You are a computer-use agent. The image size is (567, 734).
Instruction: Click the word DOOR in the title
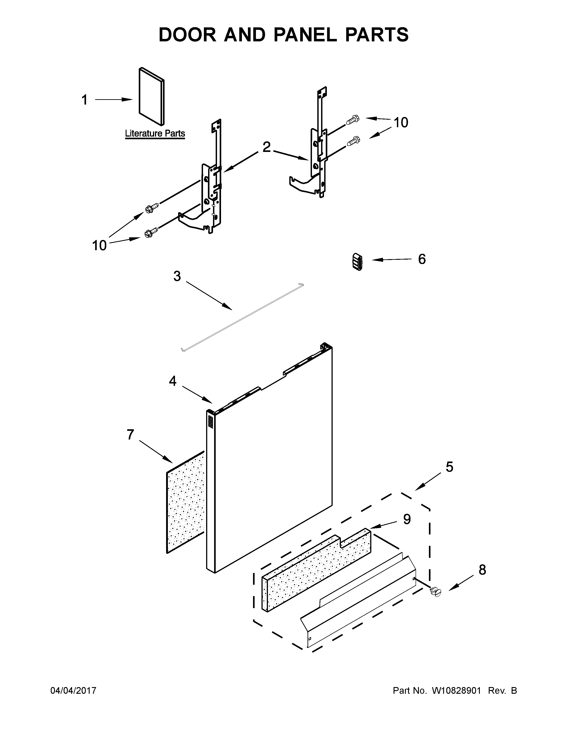[x=187, y=35]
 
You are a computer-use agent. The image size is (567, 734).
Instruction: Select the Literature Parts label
[x=155, y=133]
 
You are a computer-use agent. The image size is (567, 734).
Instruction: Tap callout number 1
[x=85, y=100]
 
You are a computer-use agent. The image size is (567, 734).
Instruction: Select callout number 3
[x=177, y=276]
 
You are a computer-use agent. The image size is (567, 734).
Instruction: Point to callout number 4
[x=172, y=381]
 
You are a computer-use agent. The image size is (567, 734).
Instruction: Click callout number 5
[x=449, y=467]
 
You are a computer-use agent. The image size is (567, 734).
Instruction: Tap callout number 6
[x=422, y=259]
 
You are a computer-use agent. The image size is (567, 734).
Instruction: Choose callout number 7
[x=130, y=435]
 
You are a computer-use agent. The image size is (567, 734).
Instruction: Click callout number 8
[x=482, y=570]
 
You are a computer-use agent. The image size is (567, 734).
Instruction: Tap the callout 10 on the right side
[x=401, y=123]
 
